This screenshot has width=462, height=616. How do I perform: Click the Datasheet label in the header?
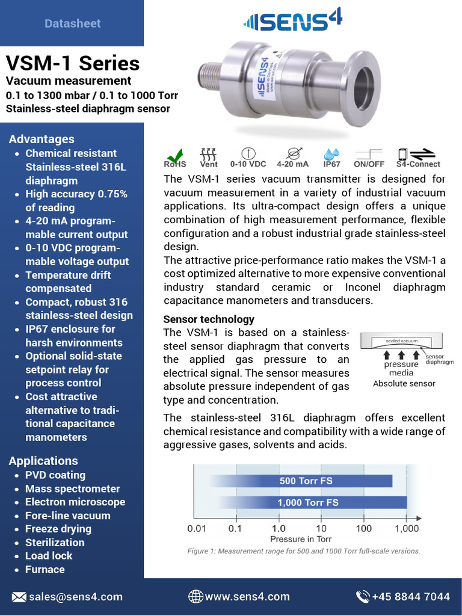[72, 23]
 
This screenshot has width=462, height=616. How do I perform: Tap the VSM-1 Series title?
[73, 63]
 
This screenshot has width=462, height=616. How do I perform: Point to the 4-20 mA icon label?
[292, 164]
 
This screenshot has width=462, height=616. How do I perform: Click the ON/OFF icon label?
[369, 164]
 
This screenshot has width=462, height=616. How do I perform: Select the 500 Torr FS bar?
[301, 481]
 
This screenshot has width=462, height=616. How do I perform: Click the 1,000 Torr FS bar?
[308, 502]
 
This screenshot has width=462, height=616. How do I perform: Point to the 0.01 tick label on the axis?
[197, 528]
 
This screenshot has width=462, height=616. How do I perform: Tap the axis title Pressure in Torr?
[301, 539]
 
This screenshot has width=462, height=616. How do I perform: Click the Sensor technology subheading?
[209, 319]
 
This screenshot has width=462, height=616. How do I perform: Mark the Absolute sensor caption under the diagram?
[404, 384]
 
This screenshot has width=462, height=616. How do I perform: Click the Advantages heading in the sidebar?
[42, 139]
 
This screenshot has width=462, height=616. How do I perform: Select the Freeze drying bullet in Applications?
[58, 529]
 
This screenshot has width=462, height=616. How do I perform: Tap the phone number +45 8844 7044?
[411, 597]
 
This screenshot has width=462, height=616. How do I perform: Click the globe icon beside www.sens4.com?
[195, 597]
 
